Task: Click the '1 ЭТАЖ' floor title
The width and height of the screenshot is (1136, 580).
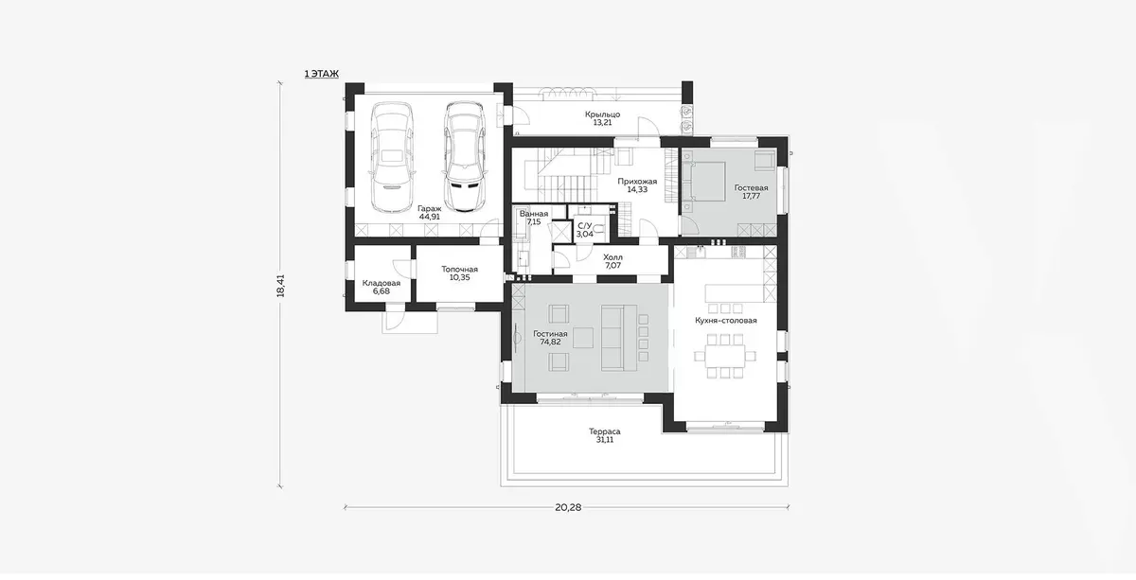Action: (x=322, y=74)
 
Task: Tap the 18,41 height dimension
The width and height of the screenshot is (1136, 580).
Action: (x=281, y=286)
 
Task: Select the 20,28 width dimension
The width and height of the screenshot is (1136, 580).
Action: (x=568, y=507)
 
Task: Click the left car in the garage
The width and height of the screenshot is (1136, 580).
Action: (x=392, y=157)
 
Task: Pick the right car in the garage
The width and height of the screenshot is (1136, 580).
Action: (x=464, y=157)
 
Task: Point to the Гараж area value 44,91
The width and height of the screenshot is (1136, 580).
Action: (x=430, y=217)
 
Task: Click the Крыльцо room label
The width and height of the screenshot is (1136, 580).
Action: (x=602, y=114)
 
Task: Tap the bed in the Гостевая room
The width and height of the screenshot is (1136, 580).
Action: (x=704, y=183)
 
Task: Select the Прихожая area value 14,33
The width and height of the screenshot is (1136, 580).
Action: (x=637, y=189)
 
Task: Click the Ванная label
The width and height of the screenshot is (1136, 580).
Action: (x=534, y=214)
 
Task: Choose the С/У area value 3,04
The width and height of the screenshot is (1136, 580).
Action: (x=585, y=234)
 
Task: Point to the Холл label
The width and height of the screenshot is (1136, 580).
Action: (x=613, y=257)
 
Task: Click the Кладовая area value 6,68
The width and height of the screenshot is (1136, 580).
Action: (x=382, y=291)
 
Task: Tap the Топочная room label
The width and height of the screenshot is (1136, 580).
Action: (x=459, y=270)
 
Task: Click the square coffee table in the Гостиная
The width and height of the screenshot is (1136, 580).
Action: (x=583, y=338)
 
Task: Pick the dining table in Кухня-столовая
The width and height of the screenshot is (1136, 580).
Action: (x=725, y=357)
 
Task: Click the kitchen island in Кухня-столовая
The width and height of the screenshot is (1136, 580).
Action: (x=734, y=293)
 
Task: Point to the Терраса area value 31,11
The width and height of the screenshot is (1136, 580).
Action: (x=605, y=440)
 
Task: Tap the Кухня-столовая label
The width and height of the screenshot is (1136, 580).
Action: (x=726, y=321)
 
